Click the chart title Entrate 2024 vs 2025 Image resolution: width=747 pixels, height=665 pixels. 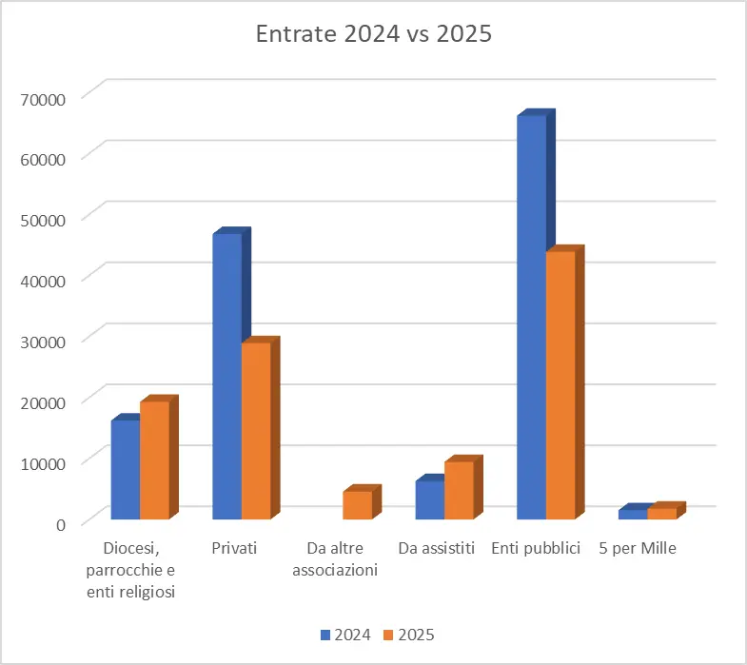373,34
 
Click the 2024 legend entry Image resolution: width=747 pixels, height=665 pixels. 345,635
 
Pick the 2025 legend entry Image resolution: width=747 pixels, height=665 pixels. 409,635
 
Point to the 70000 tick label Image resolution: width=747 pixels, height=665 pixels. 43,100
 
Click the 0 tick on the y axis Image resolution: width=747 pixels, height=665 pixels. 61,524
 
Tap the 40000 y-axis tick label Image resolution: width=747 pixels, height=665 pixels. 43,281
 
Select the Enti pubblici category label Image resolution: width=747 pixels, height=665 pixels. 536,548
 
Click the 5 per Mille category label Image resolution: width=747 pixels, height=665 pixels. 638,548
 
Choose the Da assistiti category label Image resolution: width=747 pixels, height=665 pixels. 437,548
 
